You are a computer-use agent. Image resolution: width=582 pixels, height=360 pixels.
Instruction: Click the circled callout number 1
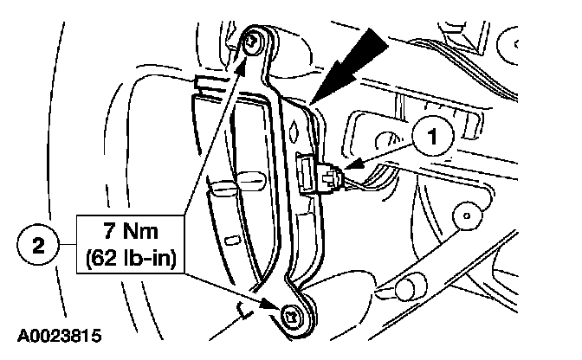pyautogui.click(x=432, y=134)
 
